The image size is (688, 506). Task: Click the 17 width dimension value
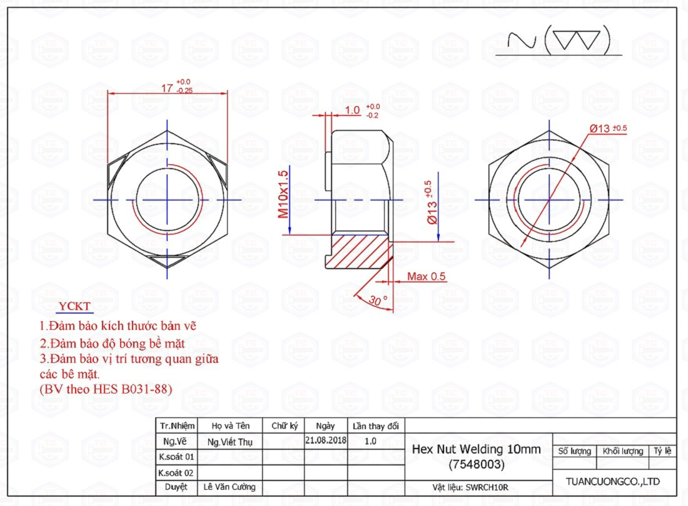click(x=167, y=88)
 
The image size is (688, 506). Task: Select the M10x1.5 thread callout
click(x=283, y=194)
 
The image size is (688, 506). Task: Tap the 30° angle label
click(x=377, y=300)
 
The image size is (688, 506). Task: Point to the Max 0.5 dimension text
click(x=426, y=277)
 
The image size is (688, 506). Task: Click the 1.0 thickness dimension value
click(x=352, y=110)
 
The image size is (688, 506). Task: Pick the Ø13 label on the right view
click(x=600, y=128)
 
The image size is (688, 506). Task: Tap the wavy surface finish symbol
click(x=522, y=41)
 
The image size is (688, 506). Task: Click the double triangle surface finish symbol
click(x=577, y=41)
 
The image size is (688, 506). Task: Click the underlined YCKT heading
click(x=74, y=306)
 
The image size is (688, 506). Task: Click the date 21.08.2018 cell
click(x=326, y=440)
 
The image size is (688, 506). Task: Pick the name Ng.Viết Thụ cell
click(x=230, y=442)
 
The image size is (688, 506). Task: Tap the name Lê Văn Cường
click(x=230, y=487)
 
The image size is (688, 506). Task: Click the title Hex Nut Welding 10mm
click(x=476, y=449)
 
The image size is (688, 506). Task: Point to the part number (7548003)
click(x=477, y=464)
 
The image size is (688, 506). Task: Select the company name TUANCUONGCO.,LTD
click(x=612, y=482)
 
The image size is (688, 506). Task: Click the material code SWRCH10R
click(x=487, y=487)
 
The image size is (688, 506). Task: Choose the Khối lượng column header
click(x=622, y=451)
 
